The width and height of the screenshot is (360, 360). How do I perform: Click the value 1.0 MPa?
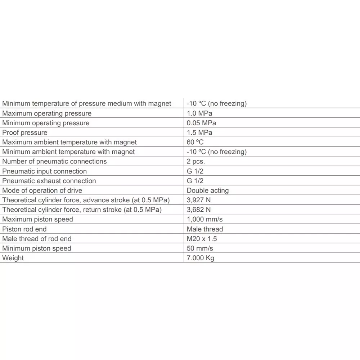click(x=199, y=113)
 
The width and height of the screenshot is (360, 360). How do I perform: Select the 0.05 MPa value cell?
click(x=201, y=123)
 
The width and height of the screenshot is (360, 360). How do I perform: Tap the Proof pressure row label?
click(x=25, y=133)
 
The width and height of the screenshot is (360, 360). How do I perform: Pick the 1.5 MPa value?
click(x=199, y=133)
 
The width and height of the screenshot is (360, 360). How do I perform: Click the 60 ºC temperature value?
click(x=195, y=142)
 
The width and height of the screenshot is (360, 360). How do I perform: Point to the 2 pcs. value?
click(x=196, y=162)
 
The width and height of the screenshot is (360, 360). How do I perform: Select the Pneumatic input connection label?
click(x=45, y=171)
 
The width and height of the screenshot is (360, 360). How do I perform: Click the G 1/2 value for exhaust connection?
click(x=195, y=181)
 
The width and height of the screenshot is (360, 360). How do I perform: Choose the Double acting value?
click(x=208, y=190)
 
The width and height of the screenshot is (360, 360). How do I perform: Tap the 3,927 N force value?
click(x=199, y=200)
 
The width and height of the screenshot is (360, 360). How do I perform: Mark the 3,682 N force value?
click(x=199, y=210)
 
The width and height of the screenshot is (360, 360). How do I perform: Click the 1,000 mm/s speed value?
click(x=204, y=219)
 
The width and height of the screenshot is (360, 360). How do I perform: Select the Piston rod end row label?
click(x=24, y=229)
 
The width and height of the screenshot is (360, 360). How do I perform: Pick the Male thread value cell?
click(x=205, y=229)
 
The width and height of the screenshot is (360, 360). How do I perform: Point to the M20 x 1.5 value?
click(x=202, y=239)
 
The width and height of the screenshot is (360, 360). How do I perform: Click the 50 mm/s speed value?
click(x=200, y=248)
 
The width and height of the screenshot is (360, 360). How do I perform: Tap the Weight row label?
click(x=13, y=258)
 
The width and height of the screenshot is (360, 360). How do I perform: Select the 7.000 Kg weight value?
click(x=201, y=258)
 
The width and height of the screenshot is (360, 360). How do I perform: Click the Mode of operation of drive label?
click(x=42, y=190)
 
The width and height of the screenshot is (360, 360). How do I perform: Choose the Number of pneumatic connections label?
click(x=54, y=162)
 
